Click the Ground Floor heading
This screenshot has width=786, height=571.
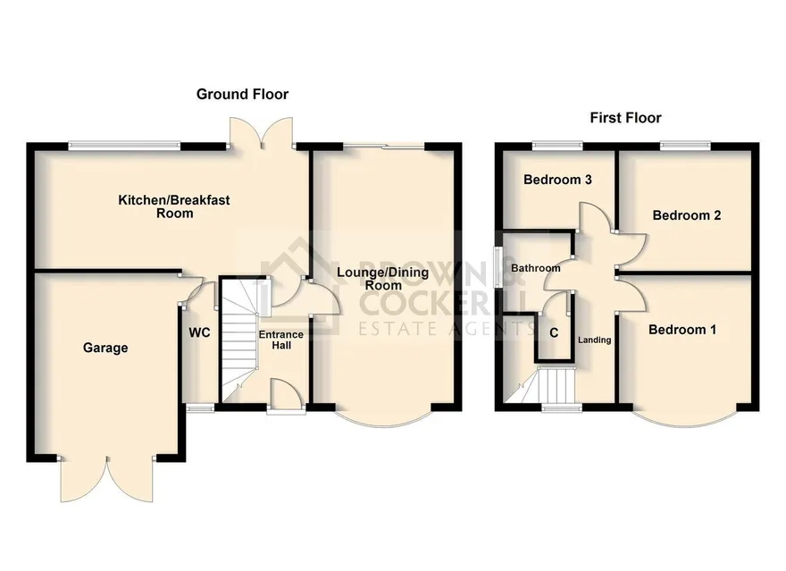pos(242,94)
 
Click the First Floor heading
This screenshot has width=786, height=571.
pos(625,118)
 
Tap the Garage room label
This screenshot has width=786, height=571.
pos(105,348)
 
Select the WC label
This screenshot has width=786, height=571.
pos(199,332)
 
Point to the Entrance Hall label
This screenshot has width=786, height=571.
pos(281,340)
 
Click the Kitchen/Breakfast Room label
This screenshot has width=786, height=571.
pos(174,206)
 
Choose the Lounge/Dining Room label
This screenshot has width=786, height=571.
pos(383,279)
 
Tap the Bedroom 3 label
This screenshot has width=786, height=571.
pos(557,180)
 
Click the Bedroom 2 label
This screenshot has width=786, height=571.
pos(687,215)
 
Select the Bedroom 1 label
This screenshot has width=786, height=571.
pos(682,330)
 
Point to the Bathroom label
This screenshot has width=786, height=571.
pos(535,268)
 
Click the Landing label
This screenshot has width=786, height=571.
pos(595,340)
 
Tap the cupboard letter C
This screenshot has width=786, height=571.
pos(554,333)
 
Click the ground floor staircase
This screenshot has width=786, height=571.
pos(239,340)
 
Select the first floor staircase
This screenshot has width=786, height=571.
pos(539,385)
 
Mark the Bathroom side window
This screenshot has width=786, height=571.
pos(498,266)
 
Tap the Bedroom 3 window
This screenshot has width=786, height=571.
pos(557,146)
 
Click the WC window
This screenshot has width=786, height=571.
pos(200,408)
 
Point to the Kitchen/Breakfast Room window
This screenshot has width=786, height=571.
pos(124,146)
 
